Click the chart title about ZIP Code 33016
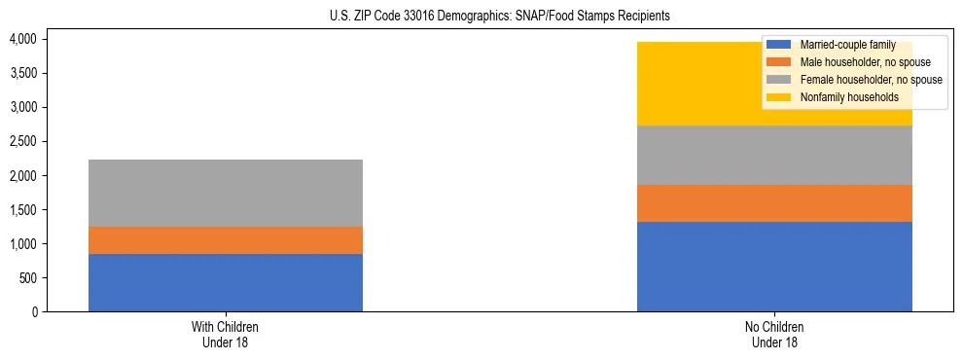481,17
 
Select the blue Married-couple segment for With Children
226,282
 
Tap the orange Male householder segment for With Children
226,240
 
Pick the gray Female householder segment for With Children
226,193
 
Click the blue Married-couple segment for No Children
774,267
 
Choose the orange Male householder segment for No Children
774,203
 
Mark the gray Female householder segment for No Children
774,155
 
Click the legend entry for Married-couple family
842,45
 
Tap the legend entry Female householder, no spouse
860,80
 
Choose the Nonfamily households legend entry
841,97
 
